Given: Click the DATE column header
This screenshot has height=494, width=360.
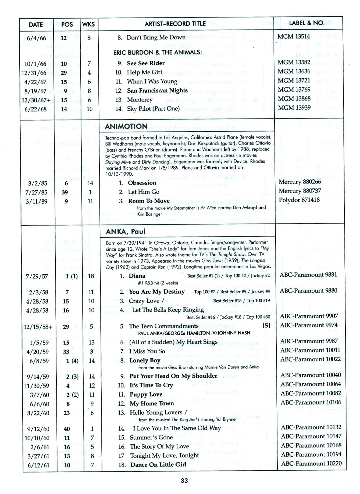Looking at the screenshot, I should pos(36,24).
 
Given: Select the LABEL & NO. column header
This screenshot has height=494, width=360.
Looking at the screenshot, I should pos(306,23).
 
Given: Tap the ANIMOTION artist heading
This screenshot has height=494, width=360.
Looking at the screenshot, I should pos(126,126).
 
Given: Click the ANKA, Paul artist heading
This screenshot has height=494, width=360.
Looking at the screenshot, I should pos(126,232).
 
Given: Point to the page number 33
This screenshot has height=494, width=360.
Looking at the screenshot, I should pos(184,481).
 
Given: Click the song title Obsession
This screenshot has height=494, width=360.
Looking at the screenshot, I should pos(142,183).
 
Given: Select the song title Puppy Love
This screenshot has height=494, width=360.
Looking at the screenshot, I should pos(146,394).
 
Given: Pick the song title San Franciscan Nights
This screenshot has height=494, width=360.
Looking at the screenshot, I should pos(157,91).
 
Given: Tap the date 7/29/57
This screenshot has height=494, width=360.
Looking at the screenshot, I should pos(37,276).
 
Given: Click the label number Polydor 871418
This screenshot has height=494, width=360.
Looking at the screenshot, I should pos(299,200).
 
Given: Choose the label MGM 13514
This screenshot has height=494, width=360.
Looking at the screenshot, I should pos(294,37).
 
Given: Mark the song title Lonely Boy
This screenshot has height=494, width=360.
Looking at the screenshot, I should pos(145,360).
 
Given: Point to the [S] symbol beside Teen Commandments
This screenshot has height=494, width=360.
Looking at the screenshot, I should pos(266,326).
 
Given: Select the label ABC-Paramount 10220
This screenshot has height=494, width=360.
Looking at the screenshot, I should pos(311,463).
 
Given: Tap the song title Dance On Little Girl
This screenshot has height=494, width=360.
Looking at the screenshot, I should pos(158,464).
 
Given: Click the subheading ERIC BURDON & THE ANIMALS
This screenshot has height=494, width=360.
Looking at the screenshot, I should pos(158,52).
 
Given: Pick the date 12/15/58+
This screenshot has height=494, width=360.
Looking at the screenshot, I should pos(38,327).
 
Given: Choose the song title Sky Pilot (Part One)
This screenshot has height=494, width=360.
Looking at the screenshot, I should pos(153,109).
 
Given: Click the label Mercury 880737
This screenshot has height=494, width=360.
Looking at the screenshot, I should pos(300,191).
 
